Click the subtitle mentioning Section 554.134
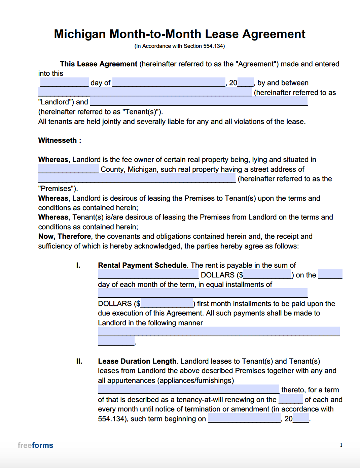[x=180, y=46]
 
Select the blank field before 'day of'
[x=64, y=82]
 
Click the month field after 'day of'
[x=169, y=82]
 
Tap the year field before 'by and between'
[x=246, y=82]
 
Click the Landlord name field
[x=145, y=92]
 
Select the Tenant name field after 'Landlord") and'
[x=199, y=101]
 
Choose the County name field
[x=69, y=169]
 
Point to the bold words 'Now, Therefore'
[x=65, y=236]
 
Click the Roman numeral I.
[x=78, y=265]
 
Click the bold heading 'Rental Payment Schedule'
[x=142, y=265]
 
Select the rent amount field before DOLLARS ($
[x=148, y=274]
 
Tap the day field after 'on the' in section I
[x=330, y=274]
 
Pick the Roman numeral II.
[x=79, y=361]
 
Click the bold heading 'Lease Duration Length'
[x=137, y=361]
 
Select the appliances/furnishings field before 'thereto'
[x=188, y=389]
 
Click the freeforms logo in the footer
[x=35, y=445]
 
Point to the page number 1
[x=341, y=445]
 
